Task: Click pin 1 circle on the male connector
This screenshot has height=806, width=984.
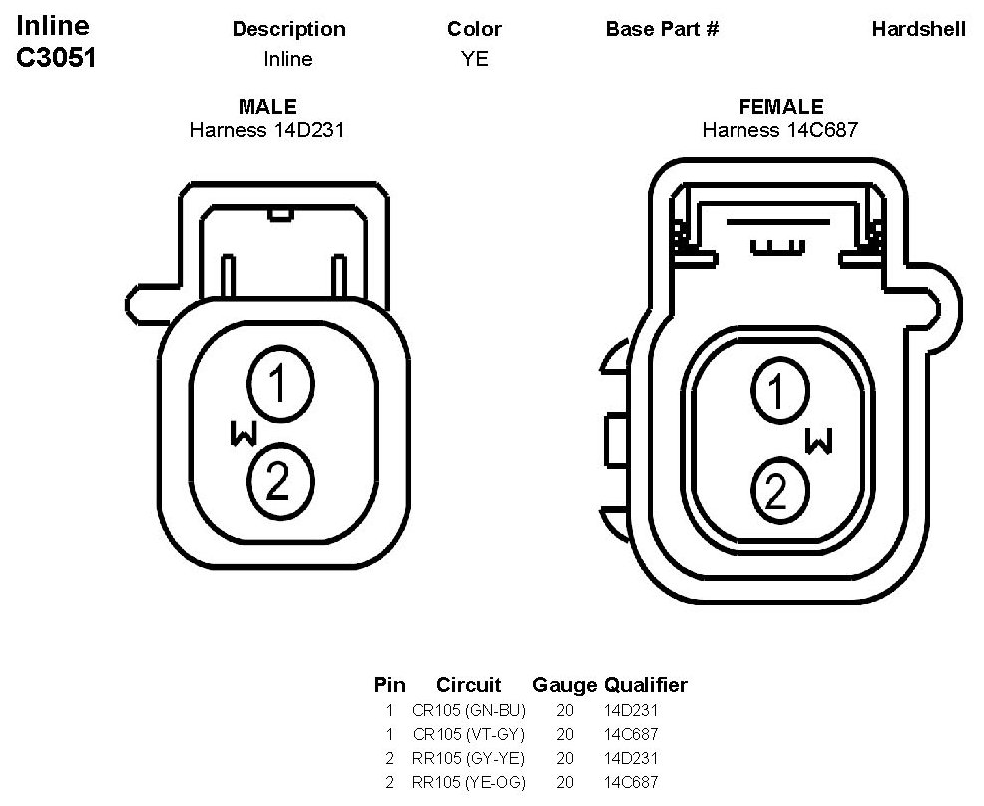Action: point(280,384)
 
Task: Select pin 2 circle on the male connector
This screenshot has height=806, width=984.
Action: point(280,481)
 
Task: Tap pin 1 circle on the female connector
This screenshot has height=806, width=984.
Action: point(780,391)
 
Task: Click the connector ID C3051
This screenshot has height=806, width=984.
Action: point(56,57)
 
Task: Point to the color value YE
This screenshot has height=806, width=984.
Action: point(474,58)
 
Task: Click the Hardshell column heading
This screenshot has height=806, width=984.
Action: point(919,29)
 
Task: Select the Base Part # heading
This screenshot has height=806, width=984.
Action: point(662,29)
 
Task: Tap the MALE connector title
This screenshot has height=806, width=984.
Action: point(268,106)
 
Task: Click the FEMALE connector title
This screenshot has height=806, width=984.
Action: point(781,106)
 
